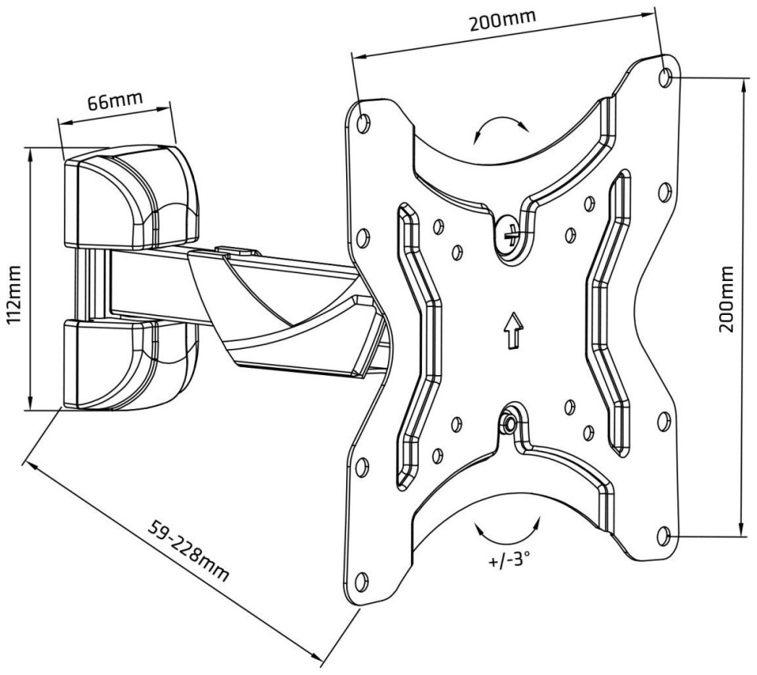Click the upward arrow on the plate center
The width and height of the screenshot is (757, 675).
point(511,327)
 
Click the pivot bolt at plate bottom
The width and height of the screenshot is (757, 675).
point(508,425)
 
